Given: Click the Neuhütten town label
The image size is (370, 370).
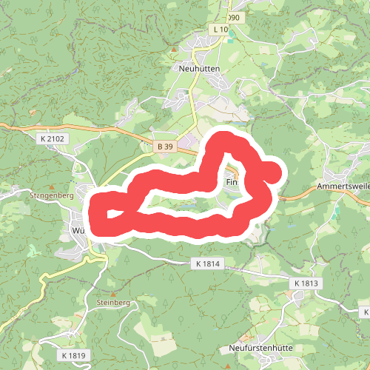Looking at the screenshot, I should click(x=200, y=68).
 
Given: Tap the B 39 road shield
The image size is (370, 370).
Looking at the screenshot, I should click(x=164, y=147).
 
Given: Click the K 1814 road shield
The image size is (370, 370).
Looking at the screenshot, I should click(x=209, y=263).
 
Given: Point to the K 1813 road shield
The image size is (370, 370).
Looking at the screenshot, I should click(x=306, y=283).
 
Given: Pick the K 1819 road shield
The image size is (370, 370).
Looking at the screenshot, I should click(x=73, y=356).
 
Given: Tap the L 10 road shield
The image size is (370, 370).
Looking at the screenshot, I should click(x=221, y=29).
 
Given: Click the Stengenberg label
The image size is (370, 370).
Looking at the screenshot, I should click(x=50, y=196).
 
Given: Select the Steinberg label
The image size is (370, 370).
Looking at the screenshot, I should click(x=112, y=303).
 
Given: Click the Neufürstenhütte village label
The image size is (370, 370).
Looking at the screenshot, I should click(x=257, y=347).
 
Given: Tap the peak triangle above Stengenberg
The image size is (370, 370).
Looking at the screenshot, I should click(x=52, y=186).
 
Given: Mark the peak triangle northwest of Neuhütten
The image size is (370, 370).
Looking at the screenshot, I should click(x=173, y=50).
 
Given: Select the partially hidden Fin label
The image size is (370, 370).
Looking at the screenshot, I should click(x=231, y=181).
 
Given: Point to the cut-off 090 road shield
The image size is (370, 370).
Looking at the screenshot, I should click(x=234, y=17).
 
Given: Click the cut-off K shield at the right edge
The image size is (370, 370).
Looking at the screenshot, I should click(x=365, y=312).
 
